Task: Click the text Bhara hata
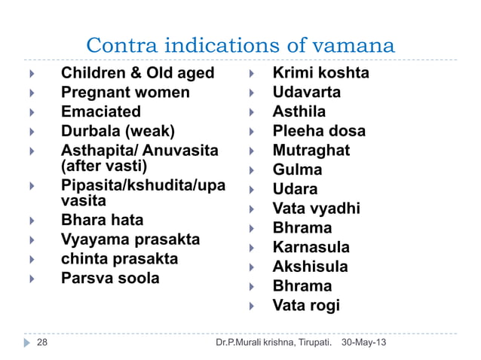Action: coord(102,221)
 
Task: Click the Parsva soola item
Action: coord(110,278)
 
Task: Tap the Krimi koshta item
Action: coord(320,74)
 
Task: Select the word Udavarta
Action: coord(306,93)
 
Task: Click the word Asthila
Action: coord(299,112)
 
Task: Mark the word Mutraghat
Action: coord(311,151)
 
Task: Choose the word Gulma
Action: coord(297,170)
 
